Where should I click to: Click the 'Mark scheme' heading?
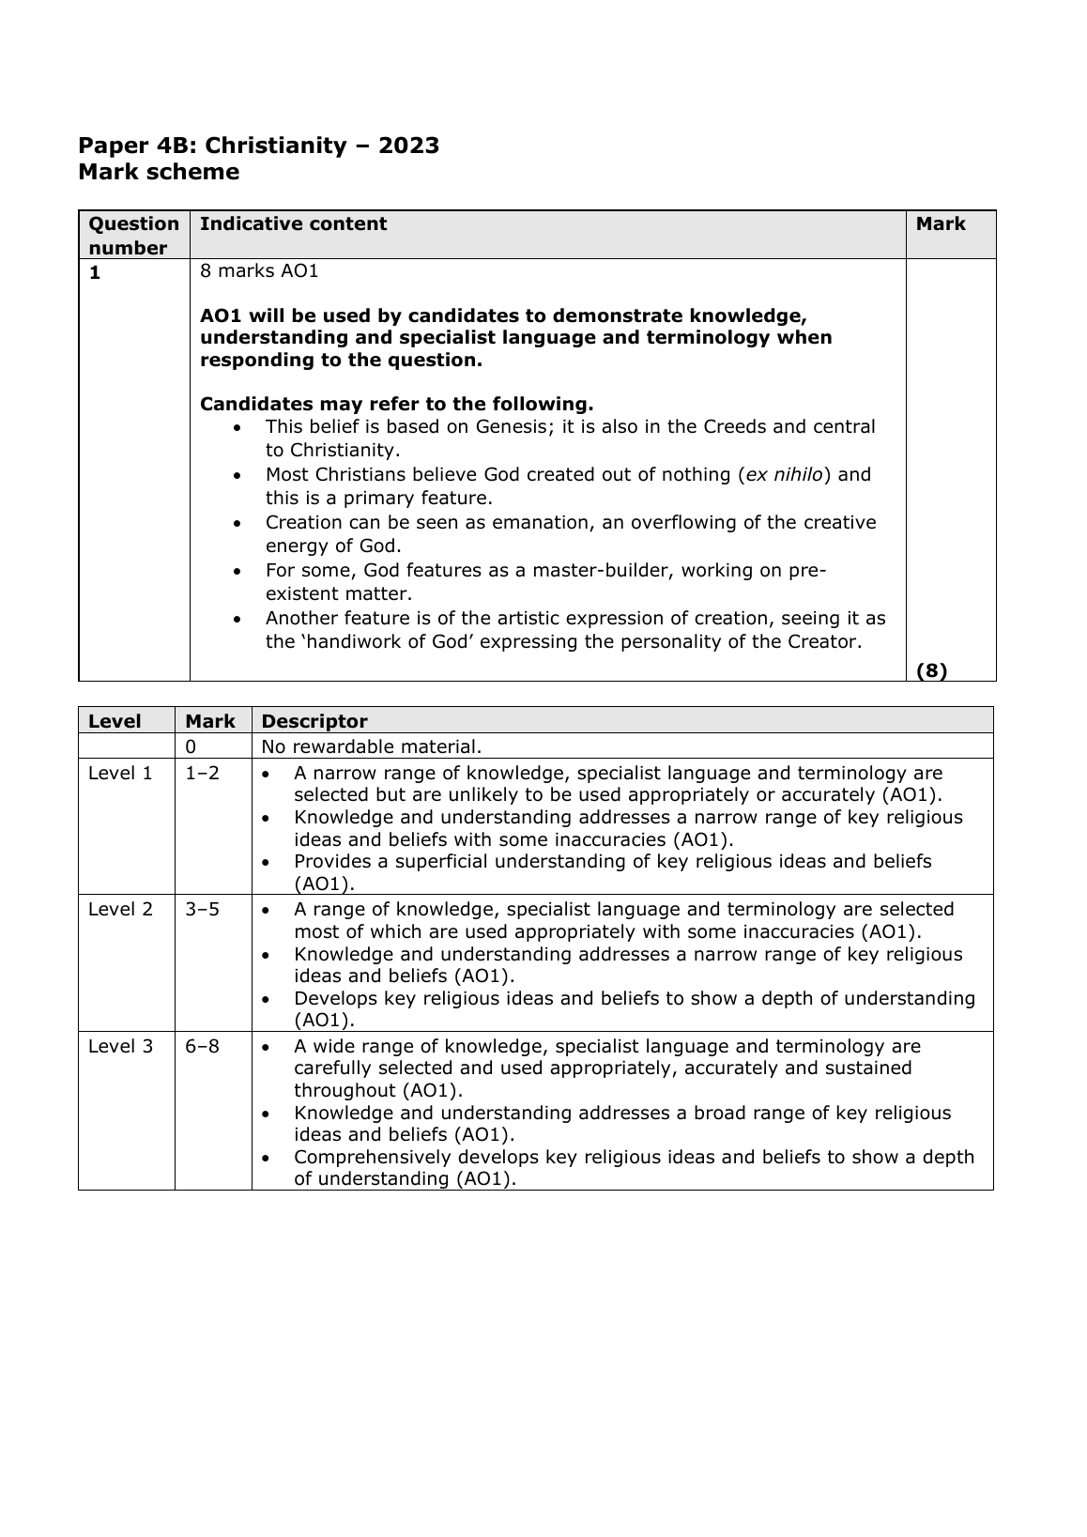[x=159, y=173]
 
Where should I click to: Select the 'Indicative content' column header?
[x=293, y=224]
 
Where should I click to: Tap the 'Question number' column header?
[x=133, y=236]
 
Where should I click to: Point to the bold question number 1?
[x=94, y=272]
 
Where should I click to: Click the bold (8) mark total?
[x=931, y=670]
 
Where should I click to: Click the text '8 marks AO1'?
[x=259, y=271]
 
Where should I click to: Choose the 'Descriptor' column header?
[x=314, y=722]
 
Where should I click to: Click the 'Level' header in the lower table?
[x=115, y=722]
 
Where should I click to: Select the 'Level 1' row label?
[x=120, y=774]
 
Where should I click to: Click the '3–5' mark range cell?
[x=202, y=910]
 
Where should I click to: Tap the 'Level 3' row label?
[x=120, y=1047]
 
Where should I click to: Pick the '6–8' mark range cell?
[x=202, y=1047]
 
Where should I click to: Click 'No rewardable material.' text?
[x=372, y=747]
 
